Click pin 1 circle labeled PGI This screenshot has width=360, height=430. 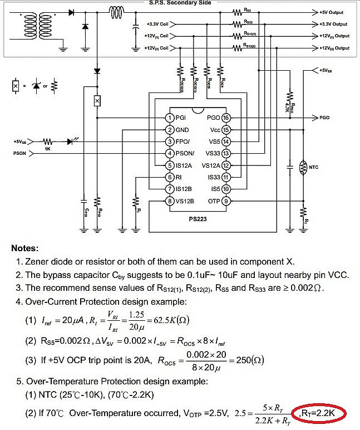170,118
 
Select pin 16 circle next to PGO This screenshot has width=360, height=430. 226,118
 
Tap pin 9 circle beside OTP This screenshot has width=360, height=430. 226,201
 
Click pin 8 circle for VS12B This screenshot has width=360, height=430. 170,201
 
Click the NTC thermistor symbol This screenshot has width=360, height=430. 304,167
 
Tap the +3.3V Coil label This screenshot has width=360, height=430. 157,24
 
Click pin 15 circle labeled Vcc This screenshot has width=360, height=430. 226,130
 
